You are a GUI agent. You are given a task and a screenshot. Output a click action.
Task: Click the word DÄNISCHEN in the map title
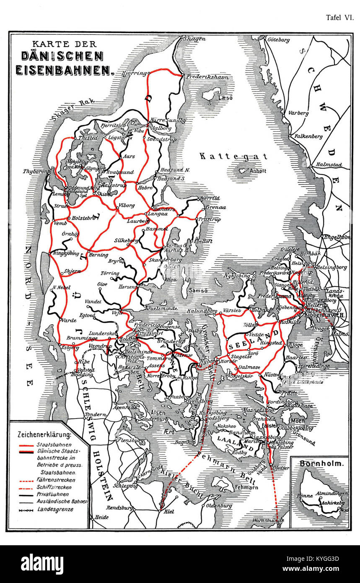pyautogui.click(x=66, y=56)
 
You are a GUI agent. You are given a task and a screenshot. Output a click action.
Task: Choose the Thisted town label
pyautogui.click(x=88, y=137)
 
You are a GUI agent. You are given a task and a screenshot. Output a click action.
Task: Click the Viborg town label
pyautogui.click(x=127, y=205)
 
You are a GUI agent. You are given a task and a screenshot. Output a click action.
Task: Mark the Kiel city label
pyautogui.click(x=169, y=512)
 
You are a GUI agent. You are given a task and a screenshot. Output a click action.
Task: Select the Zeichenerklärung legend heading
pyautogui.click(x=44, y=434)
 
